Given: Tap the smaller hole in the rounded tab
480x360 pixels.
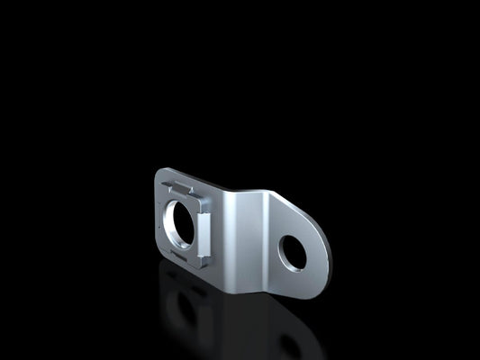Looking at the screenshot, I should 292,253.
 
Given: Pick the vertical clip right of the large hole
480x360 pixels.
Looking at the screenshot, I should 206,226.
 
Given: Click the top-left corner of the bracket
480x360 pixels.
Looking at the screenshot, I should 158,171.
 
